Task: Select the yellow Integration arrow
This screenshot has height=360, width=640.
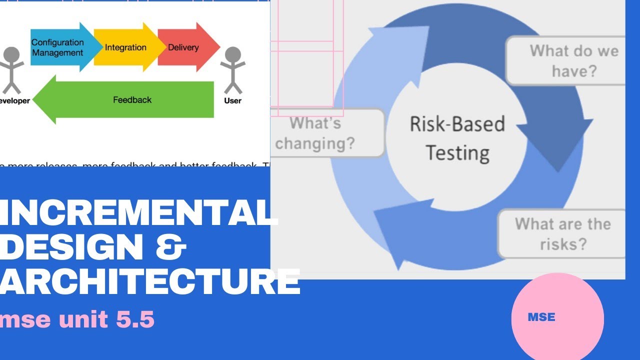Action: tap(125, 47)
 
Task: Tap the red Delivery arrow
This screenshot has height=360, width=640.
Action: tap(185, 47)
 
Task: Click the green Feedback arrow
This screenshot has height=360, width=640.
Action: tap(125, 100)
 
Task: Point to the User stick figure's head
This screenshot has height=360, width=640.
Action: tap(232, 55)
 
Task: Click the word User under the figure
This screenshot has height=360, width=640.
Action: tap(232, 100)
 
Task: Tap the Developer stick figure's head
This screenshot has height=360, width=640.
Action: tap(11, 55)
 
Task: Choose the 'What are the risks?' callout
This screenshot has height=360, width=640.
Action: tap(562, 233)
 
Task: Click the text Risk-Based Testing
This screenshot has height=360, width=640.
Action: tap(457, 138)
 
